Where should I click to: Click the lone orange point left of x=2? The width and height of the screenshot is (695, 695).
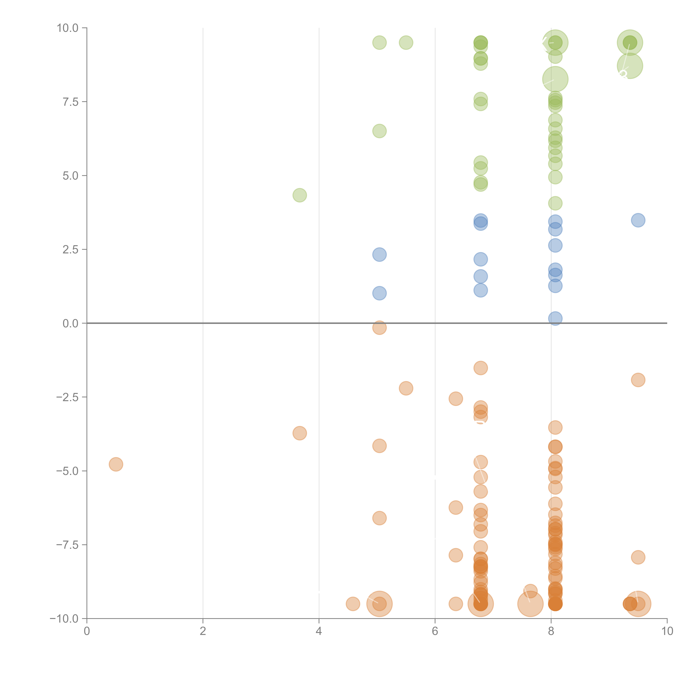tap(116, 464)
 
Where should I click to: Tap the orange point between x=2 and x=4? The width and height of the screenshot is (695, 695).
tap(300, 433)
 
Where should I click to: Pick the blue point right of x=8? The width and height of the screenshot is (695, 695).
tap(638, 220)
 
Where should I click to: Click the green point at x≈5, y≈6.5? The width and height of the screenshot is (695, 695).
tap(379, 131)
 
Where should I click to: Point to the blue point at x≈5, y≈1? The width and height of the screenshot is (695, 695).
tap(379, 293)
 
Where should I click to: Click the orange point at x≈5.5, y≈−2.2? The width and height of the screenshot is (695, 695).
tap(406, 388)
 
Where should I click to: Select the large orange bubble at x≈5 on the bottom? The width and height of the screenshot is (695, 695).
tap(379, 604)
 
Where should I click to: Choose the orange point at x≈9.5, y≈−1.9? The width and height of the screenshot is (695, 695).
tap(638, 380)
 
